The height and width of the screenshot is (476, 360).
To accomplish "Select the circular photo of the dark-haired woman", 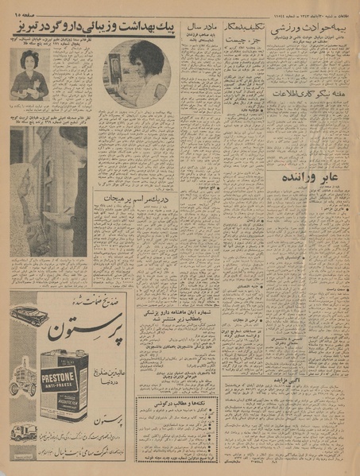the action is click(136, 74).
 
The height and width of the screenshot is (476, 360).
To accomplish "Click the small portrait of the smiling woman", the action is click(29, 75).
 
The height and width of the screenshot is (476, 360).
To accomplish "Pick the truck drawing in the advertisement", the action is click(24, 432).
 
